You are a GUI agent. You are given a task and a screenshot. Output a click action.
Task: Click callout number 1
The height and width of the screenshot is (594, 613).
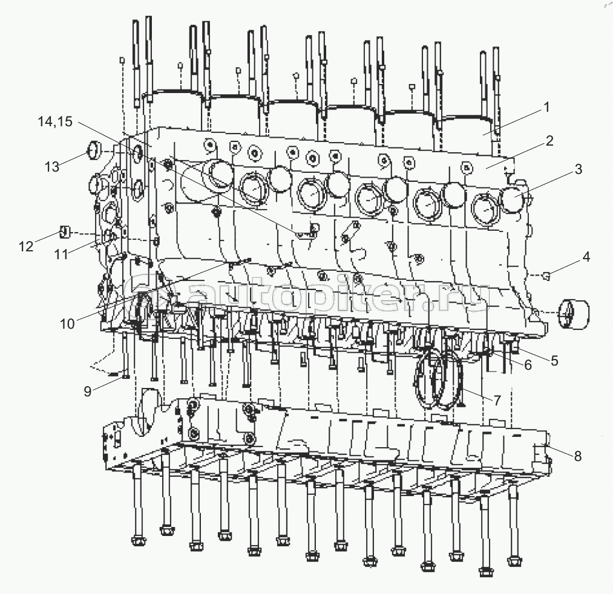pos(546,108)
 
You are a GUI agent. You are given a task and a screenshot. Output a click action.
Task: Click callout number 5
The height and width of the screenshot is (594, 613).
pos(554,361)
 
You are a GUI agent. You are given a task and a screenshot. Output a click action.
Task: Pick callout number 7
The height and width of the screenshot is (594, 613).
pos(497,401)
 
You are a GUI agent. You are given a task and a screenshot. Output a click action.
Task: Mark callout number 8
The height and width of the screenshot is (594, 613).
pos(577,456)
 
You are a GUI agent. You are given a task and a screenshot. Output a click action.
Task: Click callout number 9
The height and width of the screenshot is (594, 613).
pos(88,391)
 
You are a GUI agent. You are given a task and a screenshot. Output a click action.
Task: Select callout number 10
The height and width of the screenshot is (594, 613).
pos(67,323)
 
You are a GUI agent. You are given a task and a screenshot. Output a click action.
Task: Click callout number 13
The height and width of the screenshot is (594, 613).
pos(53,167)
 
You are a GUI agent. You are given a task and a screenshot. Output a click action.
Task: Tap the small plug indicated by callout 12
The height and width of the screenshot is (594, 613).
pos(67,231)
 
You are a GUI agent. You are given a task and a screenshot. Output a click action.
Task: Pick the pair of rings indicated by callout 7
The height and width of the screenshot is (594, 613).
pos(439,381)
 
